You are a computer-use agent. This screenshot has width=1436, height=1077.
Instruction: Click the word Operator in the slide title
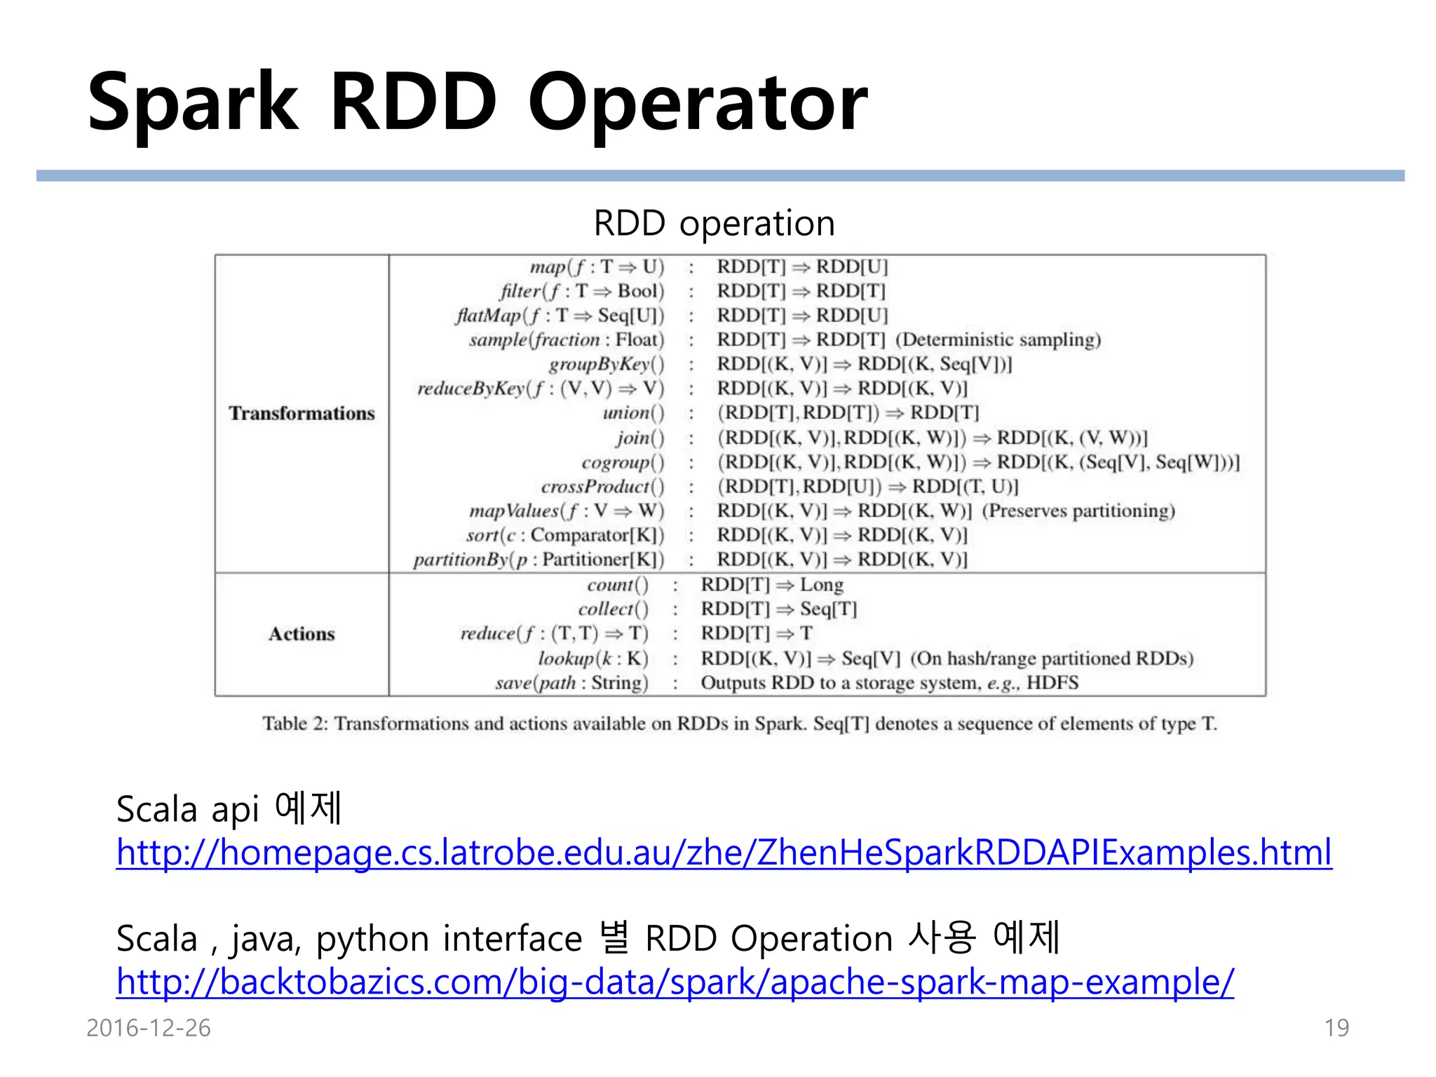pos(697,103)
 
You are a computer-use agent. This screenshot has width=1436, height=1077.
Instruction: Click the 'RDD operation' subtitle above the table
pos(714,223)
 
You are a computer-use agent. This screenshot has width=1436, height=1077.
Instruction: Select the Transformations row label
pos(302,414)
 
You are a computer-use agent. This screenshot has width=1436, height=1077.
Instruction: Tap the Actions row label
pos(302,634)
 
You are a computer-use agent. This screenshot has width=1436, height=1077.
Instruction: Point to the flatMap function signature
pos(560,316)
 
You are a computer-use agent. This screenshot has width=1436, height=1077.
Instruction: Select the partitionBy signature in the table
pos(538,560)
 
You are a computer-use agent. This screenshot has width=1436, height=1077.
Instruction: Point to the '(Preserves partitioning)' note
pos(1078,510)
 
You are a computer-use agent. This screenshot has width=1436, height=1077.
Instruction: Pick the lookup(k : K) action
pos(592,658)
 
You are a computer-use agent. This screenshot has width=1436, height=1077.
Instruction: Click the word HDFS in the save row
pos(1052,682)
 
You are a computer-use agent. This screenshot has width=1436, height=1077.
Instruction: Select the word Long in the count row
pos(822,585)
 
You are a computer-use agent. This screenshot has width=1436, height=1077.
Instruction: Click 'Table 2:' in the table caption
pos(295,723)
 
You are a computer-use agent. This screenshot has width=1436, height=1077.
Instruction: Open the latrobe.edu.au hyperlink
pos(724,853)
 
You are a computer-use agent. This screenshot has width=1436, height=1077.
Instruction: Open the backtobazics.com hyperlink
pos(675,982)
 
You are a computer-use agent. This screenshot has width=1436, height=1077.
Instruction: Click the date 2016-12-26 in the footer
pos(148,1028)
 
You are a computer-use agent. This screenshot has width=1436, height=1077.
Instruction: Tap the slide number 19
pos(1336,1028)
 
